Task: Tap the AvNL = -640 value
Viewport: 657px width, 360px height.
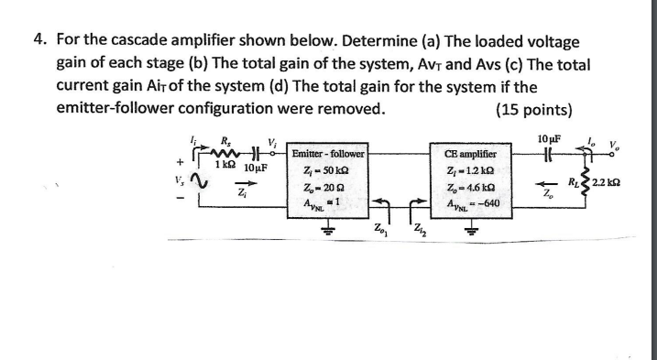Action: [472, 203]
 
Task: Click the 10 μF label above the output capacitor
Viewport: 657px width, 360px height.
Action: [550, 138]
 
